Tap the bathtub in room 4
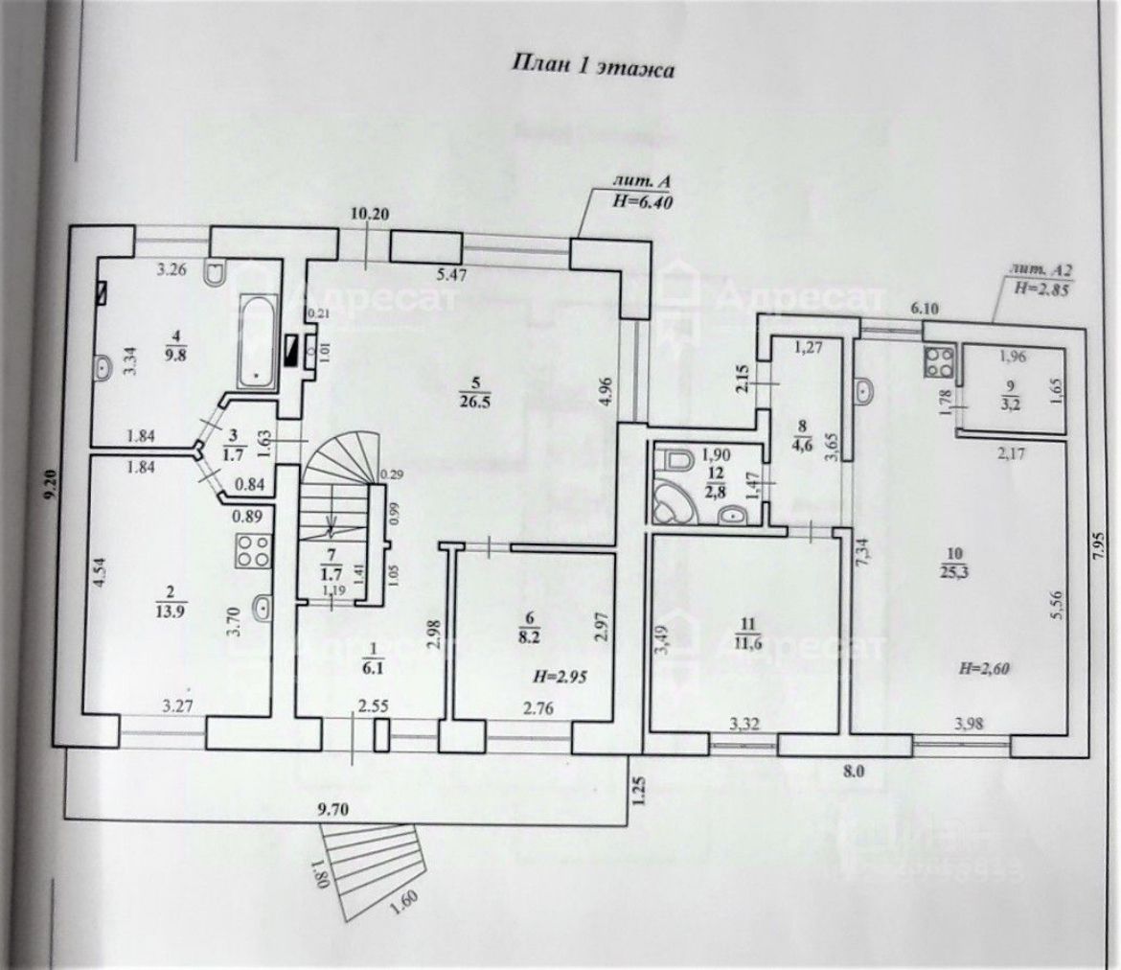coord(257,340)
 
